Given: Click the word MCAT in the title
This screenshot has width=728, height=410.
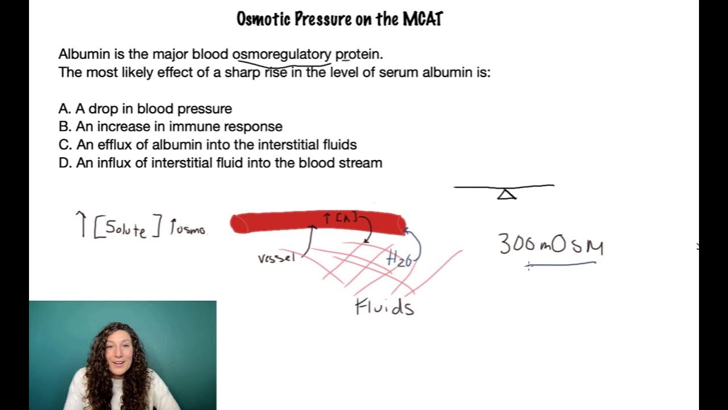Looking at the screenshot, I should (x=423, y=19).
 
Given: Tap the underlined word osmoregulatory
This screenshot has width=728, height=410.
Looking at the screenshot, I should (x=282, y=55).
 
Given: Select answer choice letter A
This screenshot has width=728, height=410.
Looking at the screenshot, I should (x=63, y=109).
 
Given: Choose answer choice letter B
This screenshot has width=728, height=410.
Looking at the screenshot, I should (x=63, y=126).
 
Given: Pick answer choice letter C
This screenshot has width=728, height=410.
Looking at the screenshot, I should (x=64, y=145).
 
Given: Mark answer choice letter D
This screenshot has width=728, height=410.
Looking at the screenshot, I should (x=64, y=163).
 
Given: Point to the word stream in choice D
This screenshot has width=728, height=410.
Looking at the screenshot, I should (x=363, y=163).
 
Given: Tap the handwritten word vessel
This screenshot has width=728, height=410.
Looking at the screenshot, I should (x=276, y=258).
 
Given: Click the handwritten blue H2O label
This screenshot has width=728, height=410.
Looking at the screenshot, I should (x=399, y=259).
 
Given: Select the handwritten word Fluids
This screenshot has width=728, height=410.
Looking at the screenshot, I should (x=384, y=307).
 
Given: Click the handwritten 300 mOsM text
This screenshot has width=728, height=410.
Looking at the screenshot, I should (x=551, y=245).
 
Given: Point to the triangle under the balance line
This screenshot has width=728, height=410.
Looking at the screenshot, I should (x=506, y=195).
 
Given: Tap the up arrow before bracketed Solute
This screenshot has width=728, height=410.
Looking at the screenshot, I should (x=82, y=223).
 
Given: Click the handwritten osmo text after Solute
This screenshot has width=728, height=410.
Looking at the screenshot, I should (x=189, y=229).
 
